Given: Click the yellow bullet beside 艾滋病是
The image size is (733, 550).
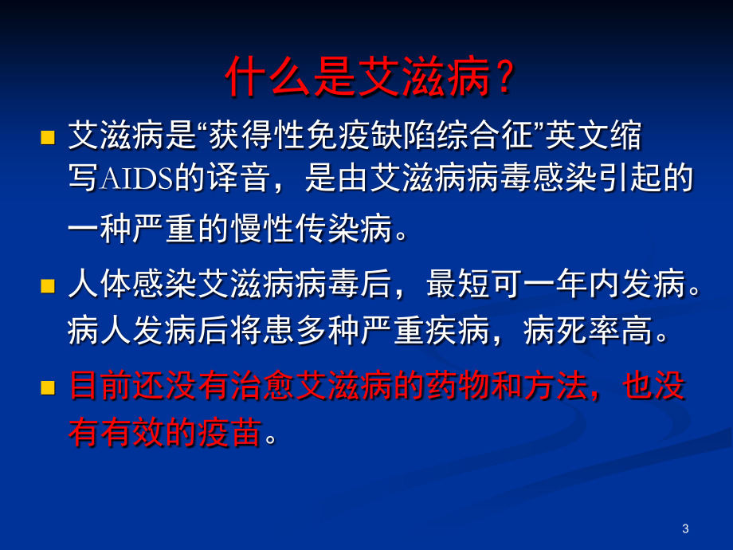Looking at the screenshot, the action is point(48,137).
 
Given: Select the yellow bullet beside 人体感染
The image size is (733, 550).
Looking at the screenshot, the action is point(48,285).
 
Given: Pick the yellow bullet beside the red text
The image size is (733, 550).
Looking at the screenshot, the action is point(48,387).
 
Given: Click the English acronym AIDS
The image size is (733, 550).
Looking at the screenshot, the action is point(136,179).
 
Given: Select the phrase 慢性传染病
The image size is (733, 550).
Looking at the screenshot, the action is point(312,229).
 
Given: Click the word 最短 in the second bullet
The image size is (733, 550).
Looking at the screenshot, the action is point(458,284).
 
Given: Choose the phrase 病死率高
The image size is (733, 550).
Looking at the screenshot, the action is point(588,330).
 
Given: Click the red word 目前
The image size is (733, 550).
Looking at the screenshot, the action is point(100,387).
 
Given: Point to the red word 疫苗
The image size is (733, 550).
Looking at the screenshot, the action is point(229,432).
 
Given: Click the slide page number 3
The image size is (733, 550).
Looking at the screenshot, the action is point(685,528).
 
